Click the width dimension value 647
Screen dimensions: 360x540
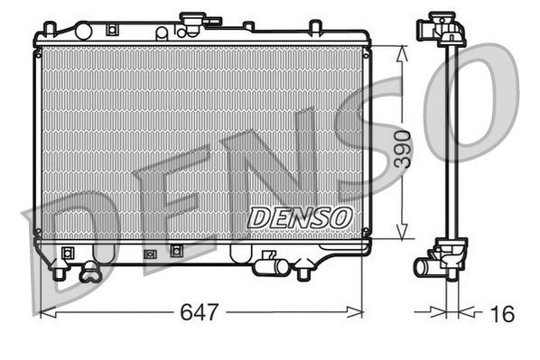pos(200,313)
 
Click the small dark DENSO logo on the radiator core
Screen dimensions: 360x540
pos(300,217)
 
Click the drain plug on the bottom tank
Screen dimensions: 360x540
pos(90,269)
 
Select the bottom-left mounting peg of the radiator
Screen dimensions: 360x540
pos(61,269)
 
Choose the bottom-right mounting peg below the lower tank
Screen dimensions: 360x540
pos(303,270)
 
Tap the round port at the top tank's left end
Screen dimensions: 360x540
pos(161,33)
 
